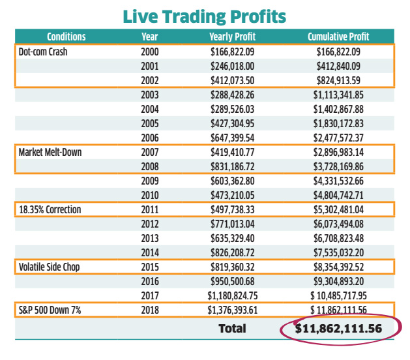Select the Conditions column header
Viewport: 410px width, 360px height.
pyautogui.click(x=66, y=37)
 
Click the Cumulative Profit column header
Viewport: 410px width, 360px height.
pyautogui.click(x=338, y=37)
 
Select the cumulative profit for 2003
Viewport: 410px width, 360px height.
pyautogui.click(x=338, y=94)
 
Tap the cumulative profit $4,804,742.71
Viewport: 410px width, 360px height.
pyautogui.click(x=338, y=194)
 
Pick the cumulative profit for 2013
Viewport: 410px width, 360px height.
pyautogui.click(x=338, y=237)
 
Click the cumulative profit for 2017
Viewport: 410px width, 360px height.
pyautogui.click(x=338, y=295)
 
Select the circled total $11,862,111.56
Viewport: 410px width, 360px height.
pyautogui.click(x=338, y=328)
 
